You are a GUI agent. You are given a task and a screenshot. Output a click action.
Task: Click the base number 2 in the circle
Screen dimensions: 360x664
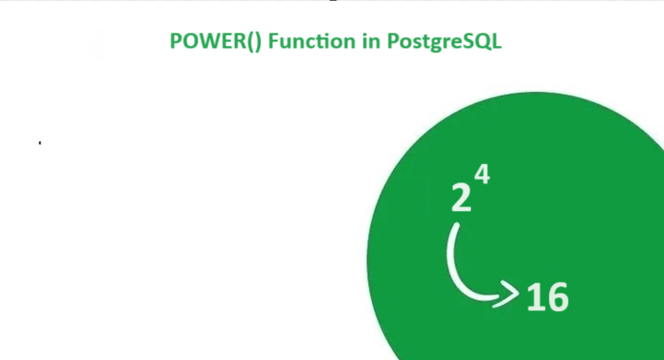(460, 197)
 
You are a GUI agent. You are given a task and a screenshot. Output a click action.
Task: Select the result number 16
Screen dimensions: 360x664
(547, 297)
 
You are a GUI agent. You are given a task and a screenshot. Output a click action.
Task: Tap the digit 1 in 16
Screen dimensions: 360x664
(534, 297)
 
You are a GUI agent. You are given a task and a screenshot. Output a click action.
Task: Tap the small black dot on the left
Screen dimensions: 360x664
(40, 143)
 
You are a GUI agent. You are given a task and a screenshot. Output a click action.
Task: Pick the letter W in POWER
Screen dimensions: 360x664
(206, 42)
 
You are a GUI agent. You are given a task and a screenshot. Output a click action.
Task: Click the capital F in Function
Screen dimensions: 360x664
(272, 42)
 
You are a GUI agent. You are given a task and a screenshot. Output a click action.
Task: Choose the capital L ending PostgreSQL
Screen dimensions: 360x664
(496, 42)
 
